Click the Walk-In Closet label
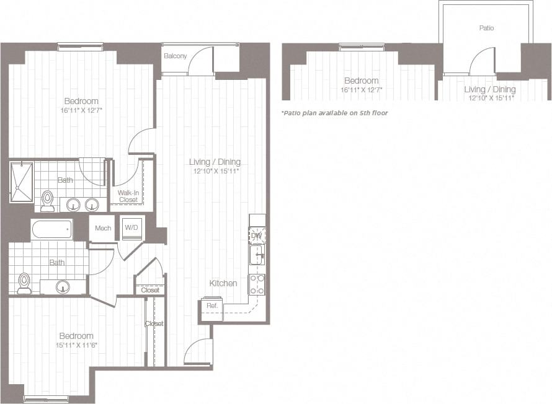(x=128, y=196)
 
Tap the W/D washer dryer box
(x=132, y=228)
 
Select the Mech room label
(x=103, y=229)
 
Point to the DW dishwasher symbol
(x=257, y=235)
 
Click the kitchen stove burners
(x=257, y=284)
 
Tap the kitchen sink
(x=257, y=254)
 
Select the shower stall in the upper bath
(x=21, y=181)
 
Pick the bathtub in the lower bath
(x=51, y=229)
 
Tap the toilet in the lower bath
(x=24, y=283)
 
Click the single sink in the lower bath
(x=63, y=286)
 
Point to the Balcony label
(x=175, y=56)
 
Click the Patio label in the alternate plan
(x=487, y=28)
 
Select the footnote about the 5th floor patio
(x=334, y=113)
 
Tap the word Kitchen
(x=223, y=283)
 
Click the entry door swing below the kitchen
(x=198, y=353)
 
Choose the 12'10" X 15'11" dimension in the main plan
(x=215, y=171)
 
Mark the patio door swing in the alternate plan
(x=482, y=62)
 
